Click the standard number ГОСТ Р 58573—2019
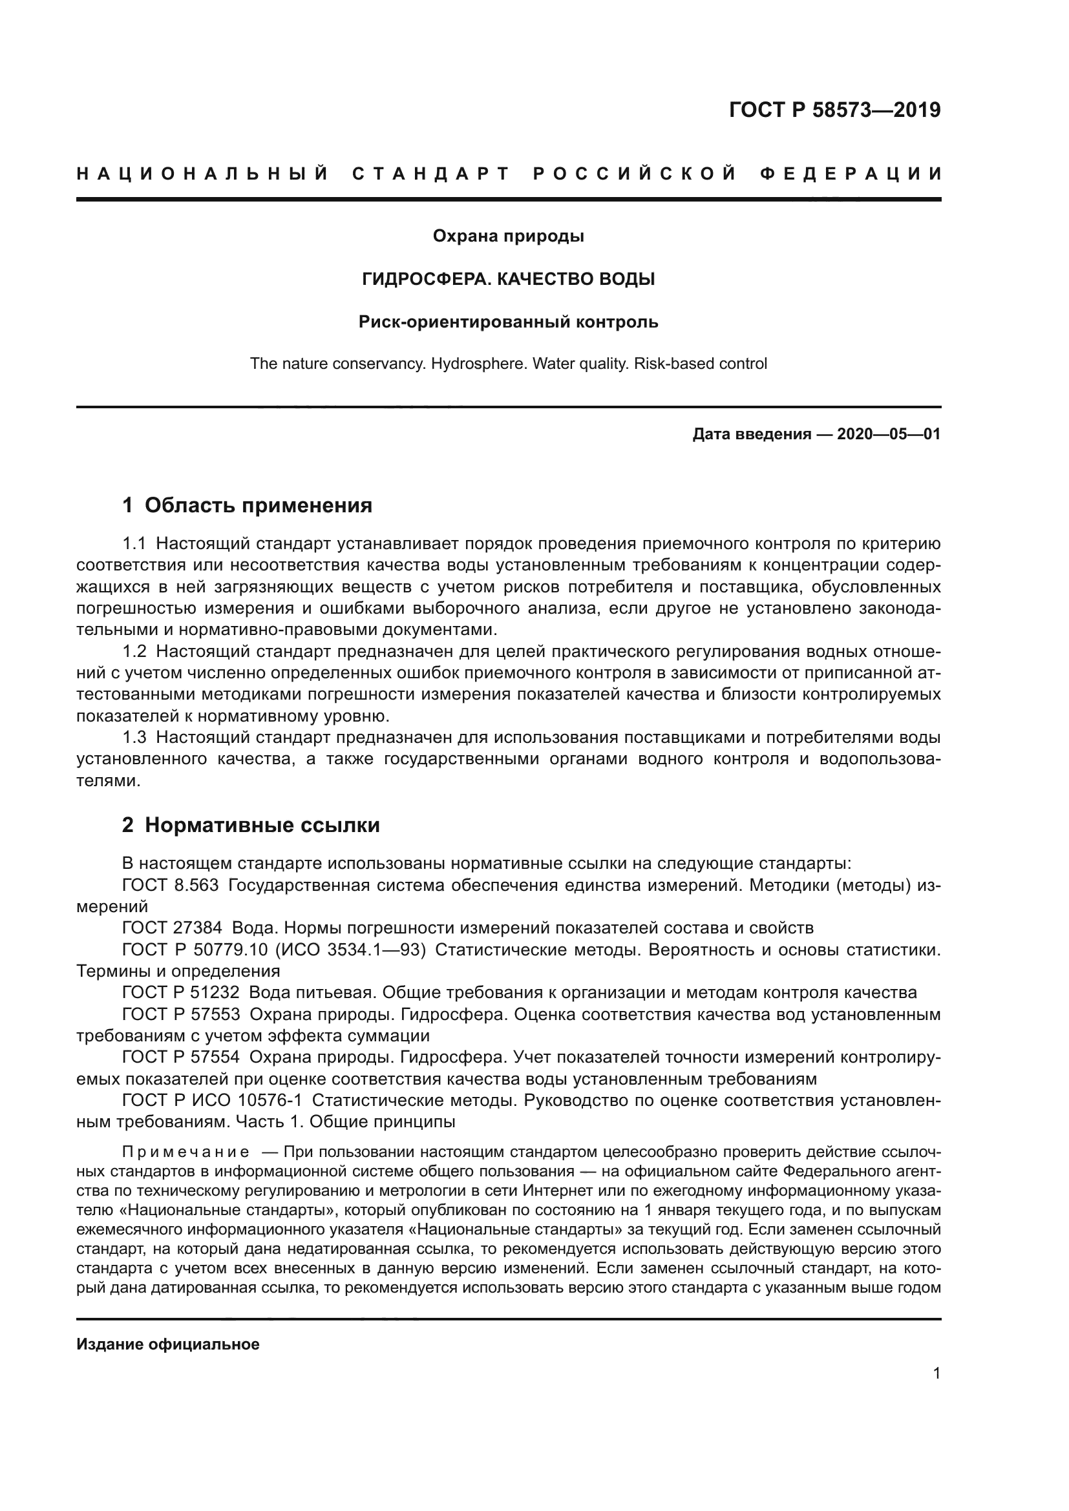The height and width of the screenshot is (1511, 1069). click(x=834, y=110)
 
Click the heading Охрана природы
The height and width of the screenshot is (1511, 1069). click(x=508, y=236)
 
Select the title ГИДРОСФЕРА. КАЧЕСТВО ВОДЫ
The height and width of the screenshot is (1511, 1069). click(x=508, y=280)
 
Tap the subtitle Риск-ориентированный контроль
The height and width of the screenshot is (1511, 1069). click(x=508, y=322)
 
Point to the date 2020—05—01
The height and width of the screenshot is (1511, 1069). click(x=889, y=434)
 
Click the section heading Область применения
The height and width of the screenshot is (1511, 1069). click(x=258, y=505)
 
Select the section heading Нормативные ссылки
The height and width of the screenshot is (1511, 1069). click(x=262, y=825)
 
